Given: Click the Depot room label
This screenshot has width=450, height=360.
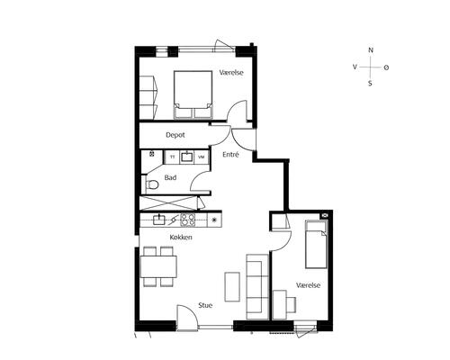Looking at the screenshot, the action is click(x=175, y=135).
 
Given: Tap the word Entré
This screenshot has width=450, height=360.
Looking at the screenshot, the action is click(x=230, y=155).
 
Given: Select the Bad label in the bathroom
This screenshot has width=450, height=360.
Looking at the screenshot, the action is click(x=170, y=177).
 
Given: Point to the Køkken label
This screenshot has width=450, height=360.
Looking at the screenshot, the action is click(x=181, y=238).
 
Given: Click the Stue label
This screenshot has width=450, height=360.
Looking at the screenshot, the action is click(x=205, y=305).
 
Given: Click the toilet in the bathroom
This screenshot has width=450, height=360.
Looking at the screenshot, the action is click(x=152, y=184).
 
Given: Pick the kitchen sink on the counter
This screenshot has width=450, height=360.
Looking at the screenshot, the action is click(x=159, y=220).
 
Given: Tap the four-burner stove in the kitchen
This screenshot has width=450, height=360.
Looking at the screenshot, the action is click(x=187, y=220).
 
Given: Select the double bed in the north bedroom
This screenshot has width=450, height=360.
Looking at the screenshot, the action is click(x=193, y=94).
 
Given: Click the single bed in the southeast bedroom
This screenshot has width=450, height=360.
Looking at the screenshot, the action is click(x=316, y=245).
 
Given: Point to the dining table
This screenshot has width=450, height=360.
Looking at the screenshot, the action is click(x=158, y=266).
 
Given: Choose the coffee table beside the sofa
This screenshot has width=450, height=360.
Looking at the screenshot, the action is click(x=232, y=287).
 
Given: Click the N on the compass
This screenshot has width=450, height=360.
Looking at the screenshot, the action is click(x=371, y=50).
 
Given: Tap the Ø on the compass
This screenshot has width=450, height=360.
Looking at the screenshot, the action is click(x=386, y=67).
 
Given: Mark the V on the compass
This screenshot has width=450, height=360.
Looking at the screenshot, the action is click(x=355, y=67).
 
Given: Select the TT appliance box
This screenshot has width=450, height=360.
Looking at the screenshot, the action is click(x=172, y=157).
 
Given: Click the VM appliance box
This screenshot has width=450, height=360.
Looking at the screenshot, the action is click(x=202, y=157).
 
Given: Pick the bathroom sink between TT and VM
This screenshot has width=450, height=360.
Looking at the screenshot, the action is click(x=187, y=157).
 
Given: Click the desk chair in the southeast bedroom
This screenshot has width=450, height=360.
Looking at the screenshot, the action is click(x=291, y=304).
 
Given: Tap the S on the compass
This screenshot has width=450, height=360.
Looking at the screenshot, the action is click(x=370, y=84).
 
